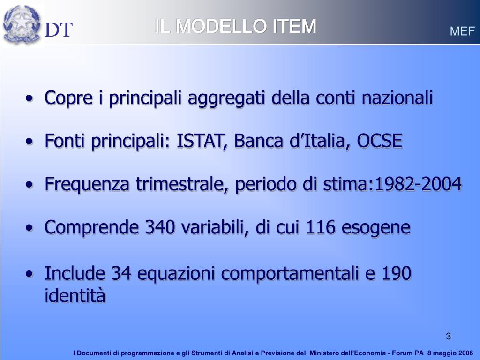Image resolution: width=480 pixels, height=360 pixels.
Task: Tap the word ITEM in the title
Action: (x=294, y=27)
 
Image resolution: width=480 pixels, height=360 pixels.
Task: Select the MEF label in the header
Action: (x=462, y=31)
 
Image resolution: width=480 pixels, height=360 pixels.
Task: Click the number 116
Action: (x=321, y=227)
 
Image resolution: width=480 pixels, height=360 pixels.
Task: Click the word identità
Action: (x=75, y=296)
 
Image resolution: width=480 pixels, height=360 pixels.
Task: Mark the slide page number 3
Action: (x=449, y=336)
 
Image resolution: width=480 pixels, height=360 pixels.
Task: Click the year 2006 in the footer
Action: (x=464, y=353)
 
